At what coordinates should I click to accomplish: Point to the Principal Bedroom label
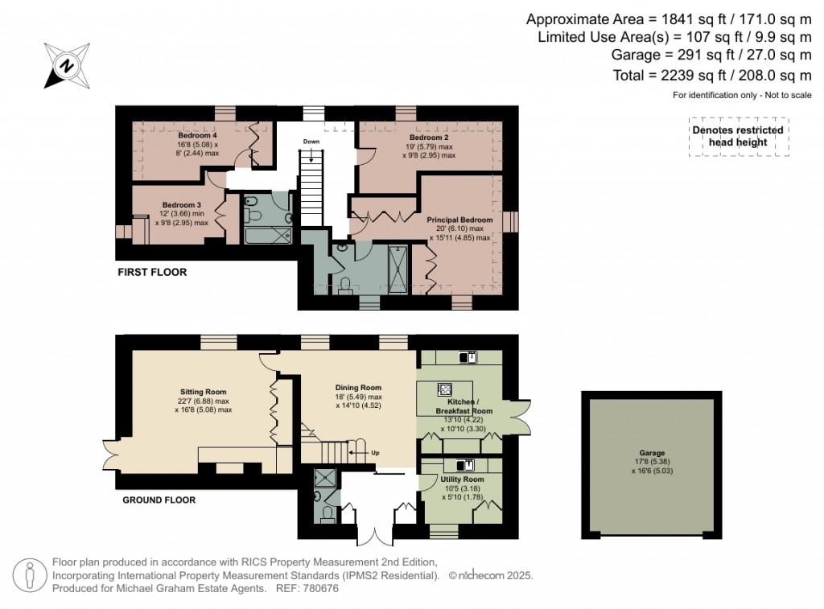pos(459,220)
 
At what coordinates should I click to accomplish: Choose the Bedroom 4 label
pos(197,136)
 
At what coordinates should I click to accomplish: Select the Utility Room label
pos(461,479)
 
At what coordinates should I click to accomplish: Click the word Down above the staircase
pos(311,142)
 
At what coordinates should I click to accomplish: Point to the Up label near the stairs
pos(375,452)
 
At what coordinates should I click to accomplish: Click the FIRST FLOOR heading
pos(153,273)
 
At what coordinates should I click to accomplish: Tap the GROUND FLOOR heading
pos(159,500)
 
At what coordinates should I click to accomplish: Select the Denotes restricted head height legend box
pos(737,137)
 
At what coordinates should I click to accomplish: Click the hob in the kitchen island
pos(444,389)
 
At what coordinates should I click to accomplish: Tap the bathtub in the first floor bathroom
pos(267,236)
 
